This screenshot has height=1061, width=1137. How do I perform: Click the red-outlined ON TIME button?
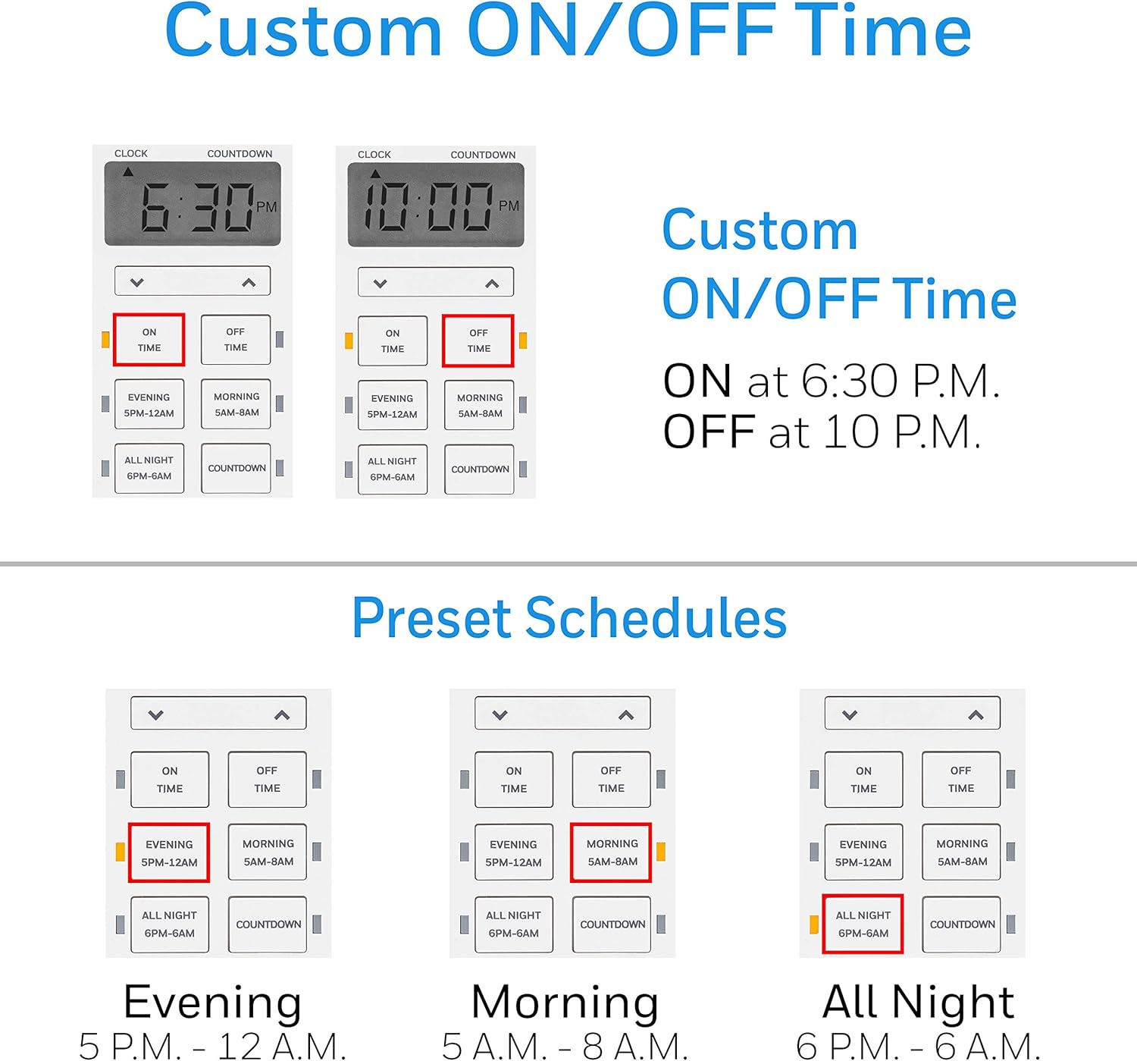click(x=149, y=340)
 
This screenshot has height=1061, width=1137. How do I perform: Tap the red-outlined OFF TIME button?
click(x=478, y=341)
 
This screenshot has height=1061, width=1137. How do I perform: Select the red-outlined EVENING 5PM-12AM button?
click(x=169, y=853)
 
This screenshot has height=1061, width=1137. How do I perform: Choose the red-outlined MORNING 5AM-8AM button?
click(x=611, y=852)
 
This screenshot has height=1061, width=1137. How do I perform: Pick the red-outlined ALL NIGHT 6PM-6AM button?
click(x=863, y=924)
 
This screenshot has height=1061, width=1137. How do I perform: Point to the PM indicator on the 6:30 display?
click(x=266, y=207)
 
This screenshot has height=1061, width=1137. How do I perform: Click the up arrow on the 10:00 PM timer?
click(x=492, y=284)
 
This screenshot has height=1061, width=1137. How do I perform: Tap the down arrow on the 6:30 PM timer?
click(x=137, y=283)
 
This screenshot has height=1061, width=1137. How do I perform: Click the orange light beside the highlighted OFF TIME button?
click(x=523, y=341)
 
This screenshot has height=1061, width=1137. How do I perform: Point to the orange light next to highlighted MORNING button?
click(x=661, y=852)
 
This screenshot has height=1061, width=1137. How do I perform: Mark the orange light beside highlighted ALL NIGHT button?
click(x=814, y=924)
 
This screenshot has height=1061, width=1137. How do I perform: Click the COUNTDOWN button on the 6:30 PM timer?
click(x=236, y=469)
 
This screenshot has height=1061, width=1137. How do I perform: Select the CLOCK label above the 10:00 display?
click(x=374, y=155)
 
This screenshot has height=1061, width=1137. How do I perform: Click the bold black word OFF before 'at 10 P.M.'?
click(x=709, y=432)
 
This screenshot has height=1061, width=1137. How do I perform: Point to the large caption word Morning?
click(x=565, y=1002)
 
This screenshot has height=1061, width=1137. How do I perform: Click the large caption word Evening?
click(x=213, y=1002)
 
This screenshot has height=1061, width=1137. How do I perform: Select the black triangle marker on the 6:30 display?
click(x=128, y=172)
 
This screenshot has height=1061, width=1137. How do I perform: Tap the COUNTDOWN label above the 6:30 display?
click(x=240, y=154)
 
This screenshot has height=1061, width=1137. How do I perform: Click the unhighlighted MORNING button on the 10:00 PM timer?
click(x=480, y=406)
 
